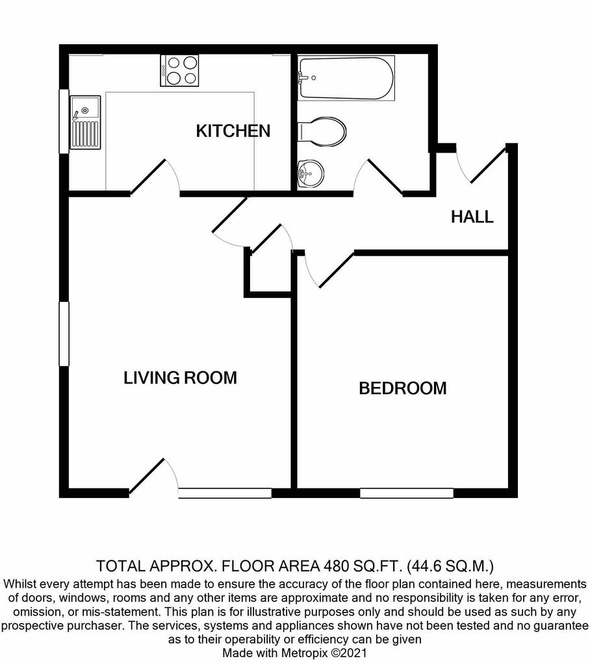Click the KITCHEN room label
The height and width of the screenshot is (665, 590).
233,131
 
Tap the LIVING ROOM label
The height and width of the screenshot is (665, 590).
181,377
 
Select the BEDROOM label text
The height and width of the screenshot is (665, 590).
403,388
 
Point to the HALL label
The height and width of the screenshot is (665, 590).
472,217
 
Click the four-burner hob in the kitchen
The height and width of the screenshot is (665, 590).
179,70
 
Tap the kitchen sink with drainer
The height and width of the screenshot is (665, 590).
85,122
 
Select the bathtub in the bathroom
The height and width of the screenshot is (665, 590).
346,78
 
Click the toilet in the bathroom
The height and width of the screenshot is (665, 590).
322,132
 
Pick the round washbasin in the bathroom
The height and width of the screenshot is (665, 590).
311,174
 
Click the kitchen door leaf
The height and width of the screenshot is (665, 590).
147,177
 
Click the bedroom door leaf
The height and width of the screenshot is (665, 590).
337,270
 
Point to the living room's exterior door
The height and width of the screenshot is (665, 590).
146,477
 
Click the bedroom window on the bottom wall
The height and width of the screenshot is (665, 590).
407,494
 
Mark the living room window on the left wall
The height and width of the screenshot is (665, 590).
64,334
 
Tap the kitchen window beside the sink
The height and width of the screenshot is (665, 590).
64,121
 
